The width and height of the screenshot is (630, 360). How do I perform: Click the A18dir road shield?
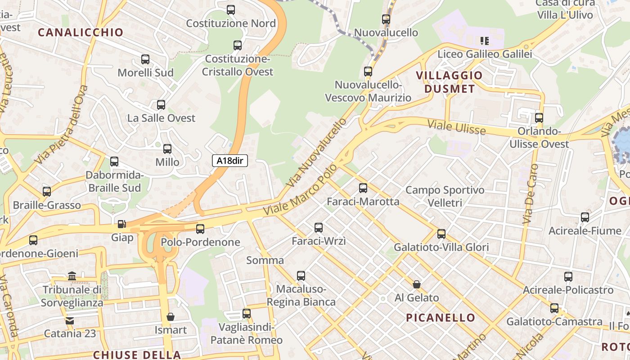[x=230, y=161]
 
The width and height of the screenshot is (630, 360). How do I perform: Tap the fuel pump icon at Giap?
[x=121, y=224]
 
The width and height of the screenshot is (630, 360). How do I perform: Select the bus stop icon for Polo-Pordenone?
[x=200, y=229]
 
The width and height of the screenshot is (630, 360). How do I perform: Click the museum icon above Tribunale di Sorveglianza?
[x=72, y=276]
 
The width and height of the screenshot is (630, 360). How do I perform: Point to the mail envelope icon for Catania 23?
[x=70, y=320]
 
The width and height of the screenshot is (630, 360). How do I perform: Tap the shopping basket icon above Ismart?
[x=171, y=317]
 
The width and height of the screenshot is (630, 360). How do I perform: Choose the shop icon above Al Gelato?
[x=417, y=284]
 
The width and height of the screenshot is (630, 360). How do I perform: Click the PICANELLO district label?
[x=441, y=318]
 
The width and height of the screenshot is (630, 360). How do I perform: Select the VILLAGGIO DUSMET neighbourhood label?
[x=450, y=82]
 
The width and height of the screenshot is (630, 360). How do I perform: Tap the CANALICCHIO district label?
[x=81, y=32]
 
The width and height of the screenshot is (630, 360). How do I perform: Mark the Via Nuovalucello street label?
[x=317, y=153]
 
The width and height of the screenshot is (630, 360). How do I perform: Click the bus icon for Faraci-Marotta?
[x=363, y=188]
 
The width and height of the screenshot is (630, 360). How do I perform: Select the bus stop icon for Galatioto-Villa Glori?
[x=441, y=234]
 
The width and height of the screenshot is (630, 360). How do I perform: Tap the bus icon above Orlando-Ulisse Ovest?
[x=539, y=118]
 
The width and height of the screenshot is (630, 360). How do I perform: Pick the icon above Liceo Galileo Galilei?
[x=485, y=41]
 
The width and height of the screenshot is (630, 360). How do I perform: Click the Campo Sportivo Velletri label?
[x=445, y=196]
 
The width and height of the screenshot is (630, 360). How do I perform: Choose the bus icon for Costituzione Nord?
[x=231, y=9]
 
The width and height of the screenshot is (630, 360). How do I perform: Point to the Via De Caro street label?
[x=530, y=194]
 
